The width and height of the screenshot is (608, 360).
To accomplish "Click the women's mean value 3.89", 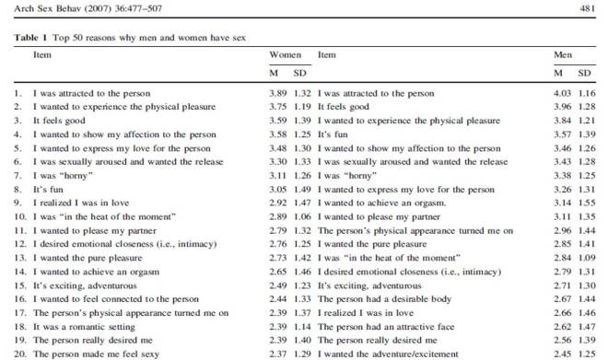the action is tap(277, 94).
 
